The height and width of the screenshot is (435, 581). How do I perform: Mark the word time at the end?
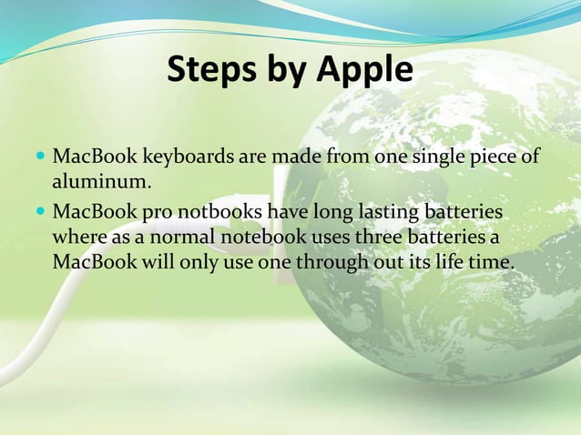pos(494,262)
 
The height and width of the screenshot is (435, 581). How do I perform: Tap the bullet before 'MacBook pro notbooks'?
pos(40,213)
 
